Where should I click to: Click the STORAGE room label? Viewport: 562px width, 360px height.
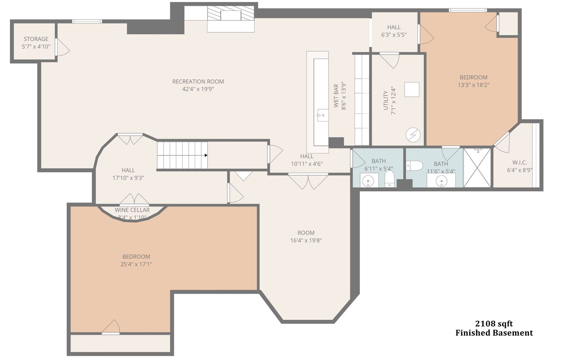(x=36, y=39)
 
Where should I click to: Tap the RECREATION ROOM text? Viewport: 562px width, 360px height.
(x=198, y=82)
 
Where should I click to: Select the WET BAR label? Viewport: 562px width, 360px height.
(x=336, y=96)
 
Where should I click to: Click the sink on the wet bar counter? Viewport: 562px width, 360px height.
(x=322, y=115)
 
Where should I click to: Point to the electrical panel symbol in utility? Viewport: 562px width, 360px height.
(x=413, y=135)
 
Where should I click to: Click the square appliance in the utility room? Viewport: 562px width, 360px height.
(x=412, y=89)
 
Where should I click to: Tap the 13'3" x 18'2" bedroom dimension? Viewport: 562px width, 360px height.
(x=473, y=85)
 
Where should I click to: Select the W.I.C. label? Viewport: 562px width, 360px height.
(x=519, y=163)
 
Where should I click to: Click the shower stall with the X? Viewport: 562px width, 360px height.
(x=477, y=168)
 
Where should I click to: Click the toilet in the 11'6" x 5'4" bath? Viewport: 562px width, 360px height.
(x=414, y=165)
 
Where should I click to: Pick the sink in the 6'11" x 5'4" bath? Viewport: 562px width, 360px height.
(x=368, y=181)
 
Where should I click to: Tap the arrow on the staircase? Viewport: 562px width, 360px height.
(x=206, y=155)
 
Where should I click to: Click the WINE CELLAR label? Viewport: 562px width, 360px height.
(x=132, y=210)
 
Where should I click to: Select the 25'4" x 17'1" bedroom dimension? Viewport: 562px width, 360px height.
(x=136, y=264)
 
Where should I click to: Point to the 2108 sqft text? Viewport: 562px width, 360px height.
(x=494, y=324)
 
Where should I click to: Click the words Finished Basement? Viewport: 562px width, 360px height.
(x=494, y=333)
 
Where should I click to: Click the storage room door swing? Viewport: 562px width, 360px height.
(x=63, y=48)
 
